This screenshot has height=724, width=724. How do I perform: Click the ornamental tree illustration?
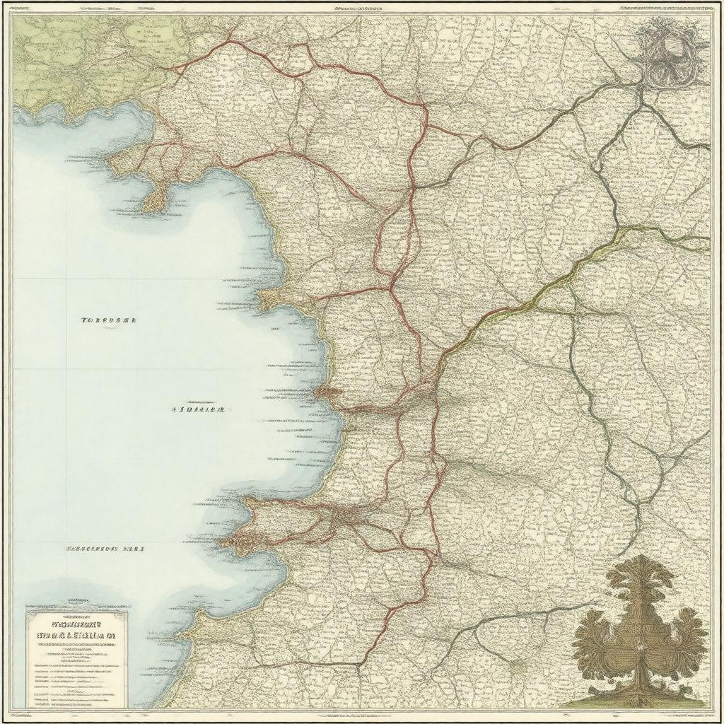click(x=641, y=629)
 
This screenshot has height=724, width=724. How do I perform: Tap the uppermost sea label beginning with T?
click(x=108, y=320)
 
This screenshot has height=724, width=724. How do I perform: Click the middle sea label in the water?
click(x=198, y=409)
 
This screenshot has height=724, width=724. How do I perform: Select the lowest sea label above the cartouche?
click(x=105, y=548)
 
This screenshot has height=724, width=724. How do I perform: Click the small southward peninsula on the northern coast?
click(x=154, y=199)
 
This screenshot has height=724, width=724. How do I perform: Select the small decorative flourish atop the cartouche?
click(x=76, y=609)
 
